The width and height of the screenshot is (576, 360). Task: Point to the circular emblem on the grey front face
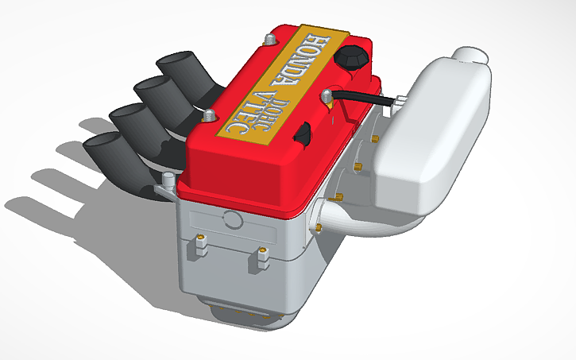pyautogui.click(x=232, y=220)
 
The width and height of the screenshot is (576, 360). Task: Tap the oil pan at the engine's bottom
pyautogui.click(x=254, y=314)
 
